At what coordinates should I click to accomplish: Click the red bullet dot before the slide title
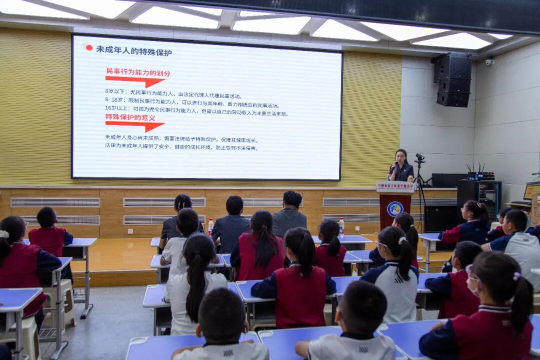89,48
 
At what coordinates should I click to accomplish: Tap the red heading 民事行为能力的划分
138,73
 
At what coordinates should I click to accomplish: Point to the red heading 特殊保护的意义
130,117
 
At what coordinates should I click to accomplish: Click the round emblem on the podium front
395,208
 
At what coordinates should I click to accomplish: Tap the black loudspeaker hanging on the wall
453,80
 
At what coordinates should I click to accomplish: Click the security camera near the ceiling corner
489,61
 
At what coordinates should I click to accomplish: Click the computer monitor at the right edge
532,191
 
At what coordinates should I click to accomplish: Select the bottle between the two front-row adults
210,226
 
